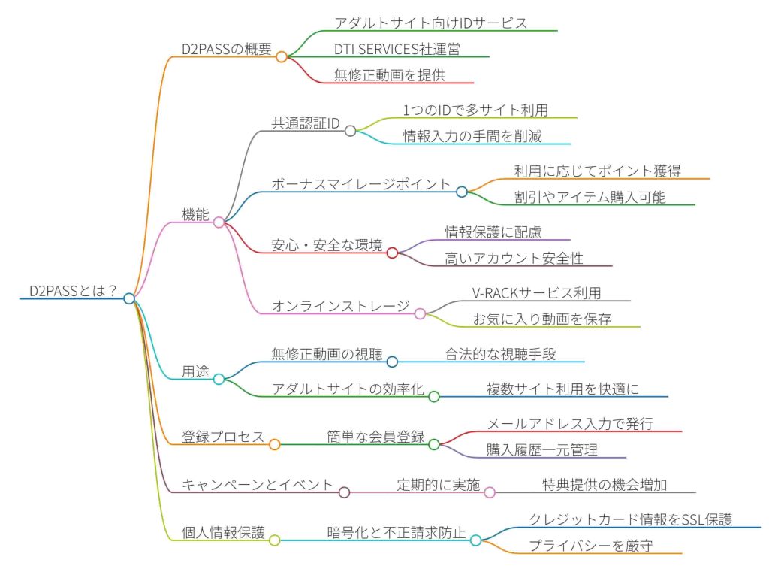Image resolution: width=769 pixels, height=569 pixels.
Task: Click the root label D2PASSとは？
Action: (x=72, y=291)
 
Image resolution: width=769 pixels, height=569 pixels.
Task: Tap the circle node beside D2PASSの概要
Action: (x=282, y=56)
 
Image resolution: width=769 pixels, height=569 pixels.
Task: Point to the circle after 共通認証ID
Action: (x=350, y=131)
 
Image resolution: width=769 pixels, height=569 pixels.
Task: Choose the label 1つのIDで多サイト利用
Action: (x=475, y=110)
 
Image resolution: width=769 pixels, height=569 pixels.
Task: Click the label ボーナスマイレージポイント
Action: (x=360, y=184)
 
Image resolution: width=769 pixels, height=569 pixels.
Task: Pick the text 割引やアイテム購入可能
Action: (x=590, y=197)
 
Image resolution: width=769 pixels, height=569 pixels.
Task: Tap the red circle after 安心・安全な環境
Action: (x=391, y=253)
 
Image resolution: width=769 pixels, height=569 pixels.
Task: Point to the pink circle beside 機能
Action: (x=219, y=222)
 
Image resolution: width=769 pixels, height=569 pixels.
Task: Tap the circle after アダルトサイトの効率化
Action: (x=433, y=396)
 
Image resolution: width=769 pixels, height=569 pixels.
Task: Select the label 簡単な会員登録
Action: (x=375, y=437)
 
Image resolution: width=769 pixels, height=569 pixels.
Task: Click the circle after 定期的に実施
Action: (x=490, y=492)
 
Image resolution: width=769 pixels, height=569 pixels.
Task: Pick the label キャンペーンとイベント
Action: (x=257, y=485)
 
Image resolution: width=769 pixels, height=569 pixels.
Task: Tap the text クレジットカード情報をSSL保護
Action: (x=630, y=519)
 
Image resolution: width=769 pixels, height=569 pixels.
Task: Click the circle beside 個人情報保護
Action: (x=275, y=540)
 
